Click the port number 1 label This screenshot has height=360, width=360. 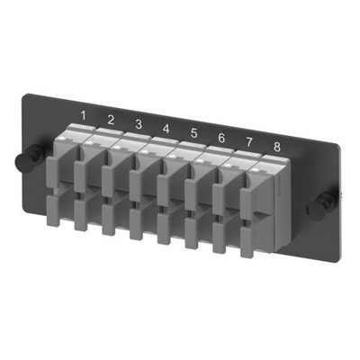84,115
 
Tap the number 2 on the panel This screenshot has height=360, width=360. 111,120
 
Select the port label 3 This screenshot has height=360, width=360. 138,124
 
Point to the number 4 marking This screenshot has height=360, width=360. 166,129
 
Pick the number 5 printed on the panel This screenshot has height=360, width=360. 193,133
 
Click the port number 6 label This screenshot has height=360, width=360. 221,138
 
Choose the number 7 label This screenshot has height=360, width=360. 248,142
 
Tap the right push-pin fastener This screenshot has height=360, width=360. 316,206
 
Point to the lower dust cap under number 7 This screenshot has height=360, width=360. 220,236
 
